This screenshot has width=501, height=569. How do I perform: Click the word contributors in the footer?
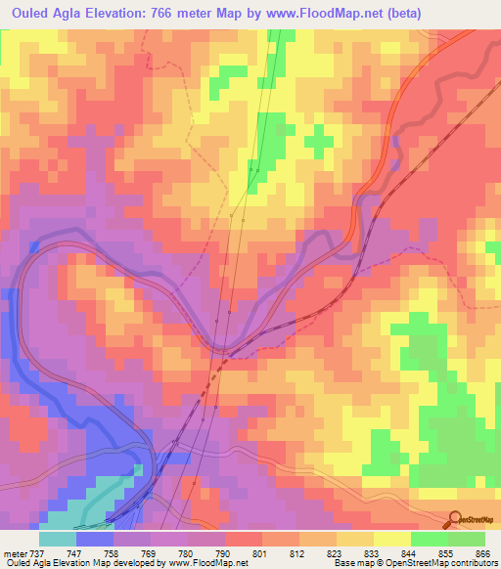[474, 562]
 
